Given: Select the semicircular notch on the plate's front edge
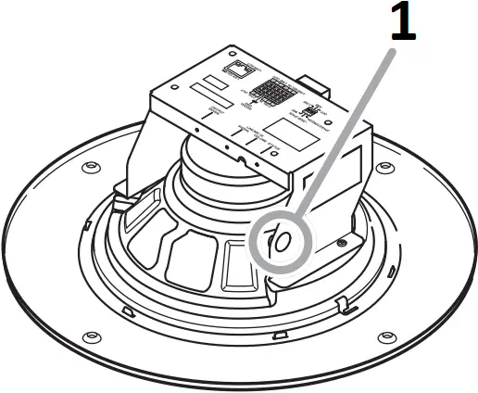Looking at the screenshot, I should point(243,159).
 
